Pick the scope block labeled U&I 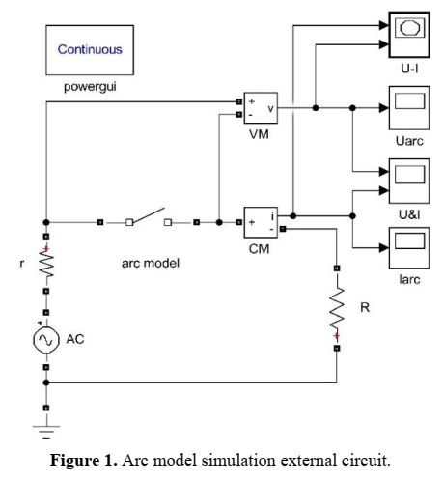click(411, 178)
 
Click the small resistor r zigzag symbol click(44, 262)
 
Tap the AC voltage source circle click(44, 339)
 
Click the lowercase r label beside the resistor click(21, 262)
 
